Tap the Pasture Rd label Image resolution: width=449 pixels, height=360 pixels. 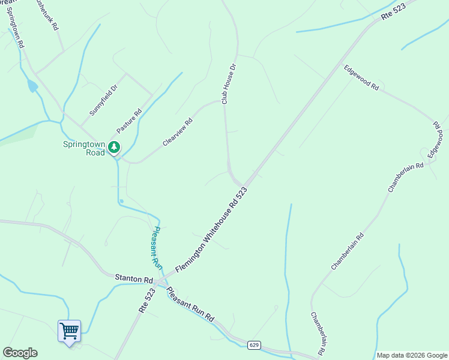[x=129, y=121]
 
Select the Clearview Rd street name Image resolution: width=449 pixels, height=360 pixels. [x=178, y=132]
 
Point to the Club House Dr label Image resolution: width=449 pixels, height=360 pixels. [x=226, y=84]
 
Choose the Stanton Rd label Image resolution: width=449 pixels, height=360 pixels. [x=134, y=280]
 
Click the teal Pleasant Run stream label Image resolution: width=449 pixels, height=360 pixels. [x=155, y=246]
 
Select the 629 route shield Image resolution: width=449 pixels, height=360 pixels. [x=254, y=344]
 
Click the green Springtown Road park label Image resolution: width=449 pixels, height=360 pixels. [x=84, y=148]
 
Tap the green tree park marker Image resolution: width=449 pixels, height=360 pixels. [x=114, y=147]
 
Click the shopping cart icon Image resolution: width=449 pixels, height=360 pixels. [x=69, y=331]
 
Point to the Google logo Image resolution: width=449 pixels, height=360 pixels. [x=20, y=353]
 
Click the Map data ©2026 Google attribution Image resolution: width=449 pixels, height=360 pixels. [x=412, y=355]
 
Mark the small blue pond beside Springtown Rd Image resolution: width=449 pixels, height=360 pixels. [x=32, y=86]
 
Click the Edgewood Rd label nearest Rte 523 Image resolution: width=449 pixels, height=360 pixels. [x=361, y=78]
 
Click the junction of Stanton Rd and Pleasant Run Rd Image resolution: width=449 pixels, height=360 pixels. [x=159, y=282]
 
